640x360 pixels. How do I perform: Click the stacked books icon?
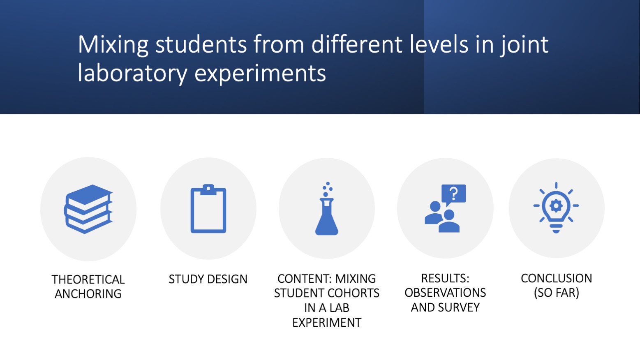pyautogui.click(x=88, y=209)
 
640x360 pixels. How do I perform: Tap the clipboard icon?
pyautogui.click(x=208, y=210)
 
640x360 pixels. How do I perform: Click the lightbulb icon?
pyautogui.click(x=556, y=208)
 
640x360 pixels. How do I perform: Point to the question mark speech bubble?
pyautogui.click(x=454, y=194)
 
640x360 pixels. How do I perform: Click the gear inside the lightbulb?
pyautogui.click(x=556, y=205)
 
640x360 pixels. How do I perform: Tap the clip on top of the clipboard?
pyautogui.click(x=208, y=189)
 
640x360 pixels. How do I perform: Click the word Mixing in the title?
pyautogui.click(x=113, y=44)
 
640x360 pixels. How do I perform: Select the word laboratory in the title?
pyautogui.click(x=132, y=73)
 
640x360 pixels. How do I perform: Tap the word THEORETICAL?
pyautogui.click(x=88, y=279)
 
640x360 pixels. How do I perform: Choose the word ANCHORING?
pyautogui.click(x=88, y=294)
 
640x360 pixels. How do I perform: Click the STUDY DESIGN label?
pyautogui.click(x=208, y=279)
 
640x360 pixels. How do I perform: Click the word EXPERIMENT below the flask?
pyautogui.click(x=327, y=323)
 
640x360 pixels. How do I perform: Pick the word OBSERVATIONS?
pyautogui.click(x=445, y=293)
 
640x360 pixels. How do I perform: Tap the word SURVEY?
pyautogui.click(x=459, y=307)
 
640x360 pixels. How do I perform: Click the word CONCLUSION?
pyautogui.click(x=556, y=278)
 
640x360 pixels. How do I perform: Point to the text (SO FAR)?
pyautogui.click(x=556, y=293)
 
